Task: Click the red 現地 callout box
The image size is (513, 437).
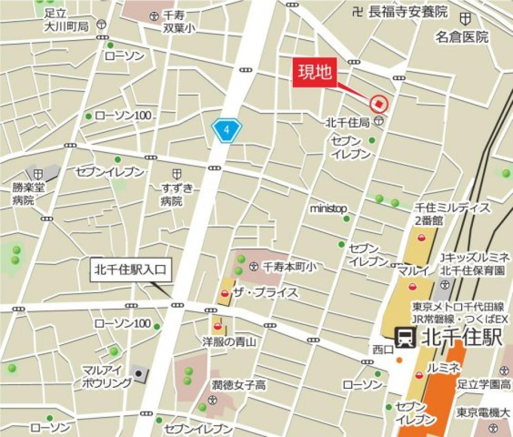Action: point(314,72)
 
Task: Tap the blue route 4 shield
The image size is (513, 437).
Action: point(227,130)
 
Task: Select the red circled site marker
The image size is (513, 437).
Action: point(378,104)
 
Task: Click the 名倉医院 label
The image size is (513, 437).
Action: point(462,37)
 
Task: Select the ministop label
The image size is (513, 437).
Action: point(328,208)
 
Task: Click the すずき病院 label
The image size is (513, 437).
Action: point(176,194)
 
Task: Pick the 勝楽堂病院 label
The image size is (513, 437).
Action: point(29,194)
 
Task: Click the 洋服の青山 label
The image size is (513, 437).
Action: point(229,341)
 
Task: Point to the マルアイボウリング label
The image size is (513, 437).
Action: point(107,376)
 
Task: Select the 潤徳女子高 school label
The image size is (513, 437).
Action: point(238,385)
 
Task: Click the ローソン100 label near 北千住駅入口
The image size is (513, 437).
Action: point(122,323)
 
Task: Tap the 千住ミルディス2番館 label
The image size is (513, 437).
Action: point(452,213)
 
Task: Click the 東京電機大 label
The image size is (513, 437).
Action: point(483,412)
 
